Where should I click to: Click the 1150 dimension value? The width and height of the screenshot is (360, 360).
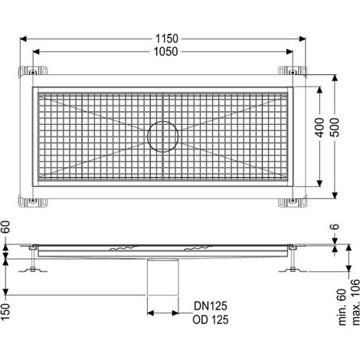tap(167, 39)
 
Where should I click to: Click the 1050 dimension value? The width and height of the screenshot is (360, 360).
tap(165, 52)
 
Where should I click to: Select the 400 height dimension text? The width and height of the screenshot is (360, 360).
tap(319, 127)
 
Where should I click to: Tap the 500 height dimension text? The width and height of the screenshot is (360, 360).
tap(335, 127)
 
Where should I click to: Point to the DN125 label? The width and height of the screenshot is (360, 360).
tap(211, 306)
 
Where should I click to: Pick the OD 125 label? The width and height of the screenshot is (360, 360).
tap(211, 319)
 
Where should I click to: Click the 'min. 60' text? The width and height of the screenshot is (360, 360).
tap(342, 307)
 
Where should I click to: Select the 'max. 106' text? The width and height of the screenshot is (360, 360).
tap(355, 302)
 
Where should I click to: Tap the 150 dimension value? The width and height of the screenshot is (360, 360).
tap(5, 312)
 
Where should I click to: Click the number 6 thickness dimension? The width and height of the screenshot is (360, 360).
tap(335, 226)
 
